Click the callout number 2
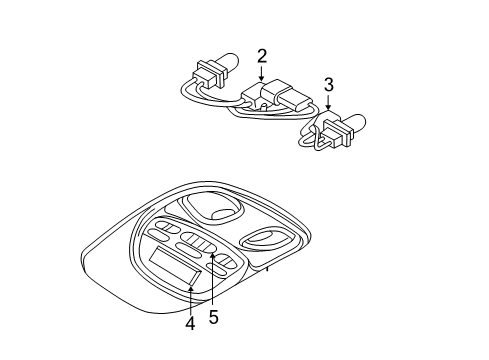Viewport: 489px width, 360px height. click(x=262, y=57)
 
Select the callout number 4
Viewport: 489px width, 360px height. click(x=190, y=323)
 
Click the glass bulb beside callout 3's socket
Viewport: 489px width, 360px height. click(x=358, y=126)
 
